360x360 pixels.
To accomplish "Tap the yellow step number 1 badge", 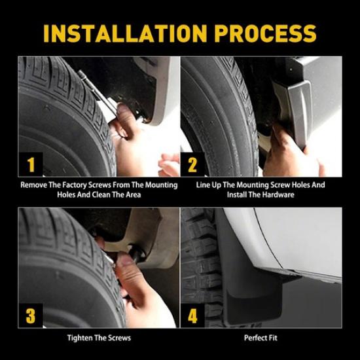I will pyautogui.click(x=31, y=164).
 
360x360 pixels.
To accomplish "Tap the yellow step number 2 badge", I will pyautogui.click(x=192, y=164).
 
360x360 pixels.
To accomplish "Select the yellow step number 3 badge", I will pyautogui.click(x=31, y=316).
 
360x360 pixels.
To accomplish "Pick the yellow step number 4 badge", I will pyautogui.click(x=192, y=316).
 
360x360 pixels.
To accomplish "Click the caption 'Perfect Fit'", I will pyautogui.click(x=261, y=338).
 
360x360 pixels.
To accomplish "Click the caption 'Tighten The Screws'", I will pyautogui.click(x=99, y=338).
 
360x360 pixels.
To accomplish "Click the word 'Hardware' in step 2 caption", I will pyautogui.click(x=276, y=195).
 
